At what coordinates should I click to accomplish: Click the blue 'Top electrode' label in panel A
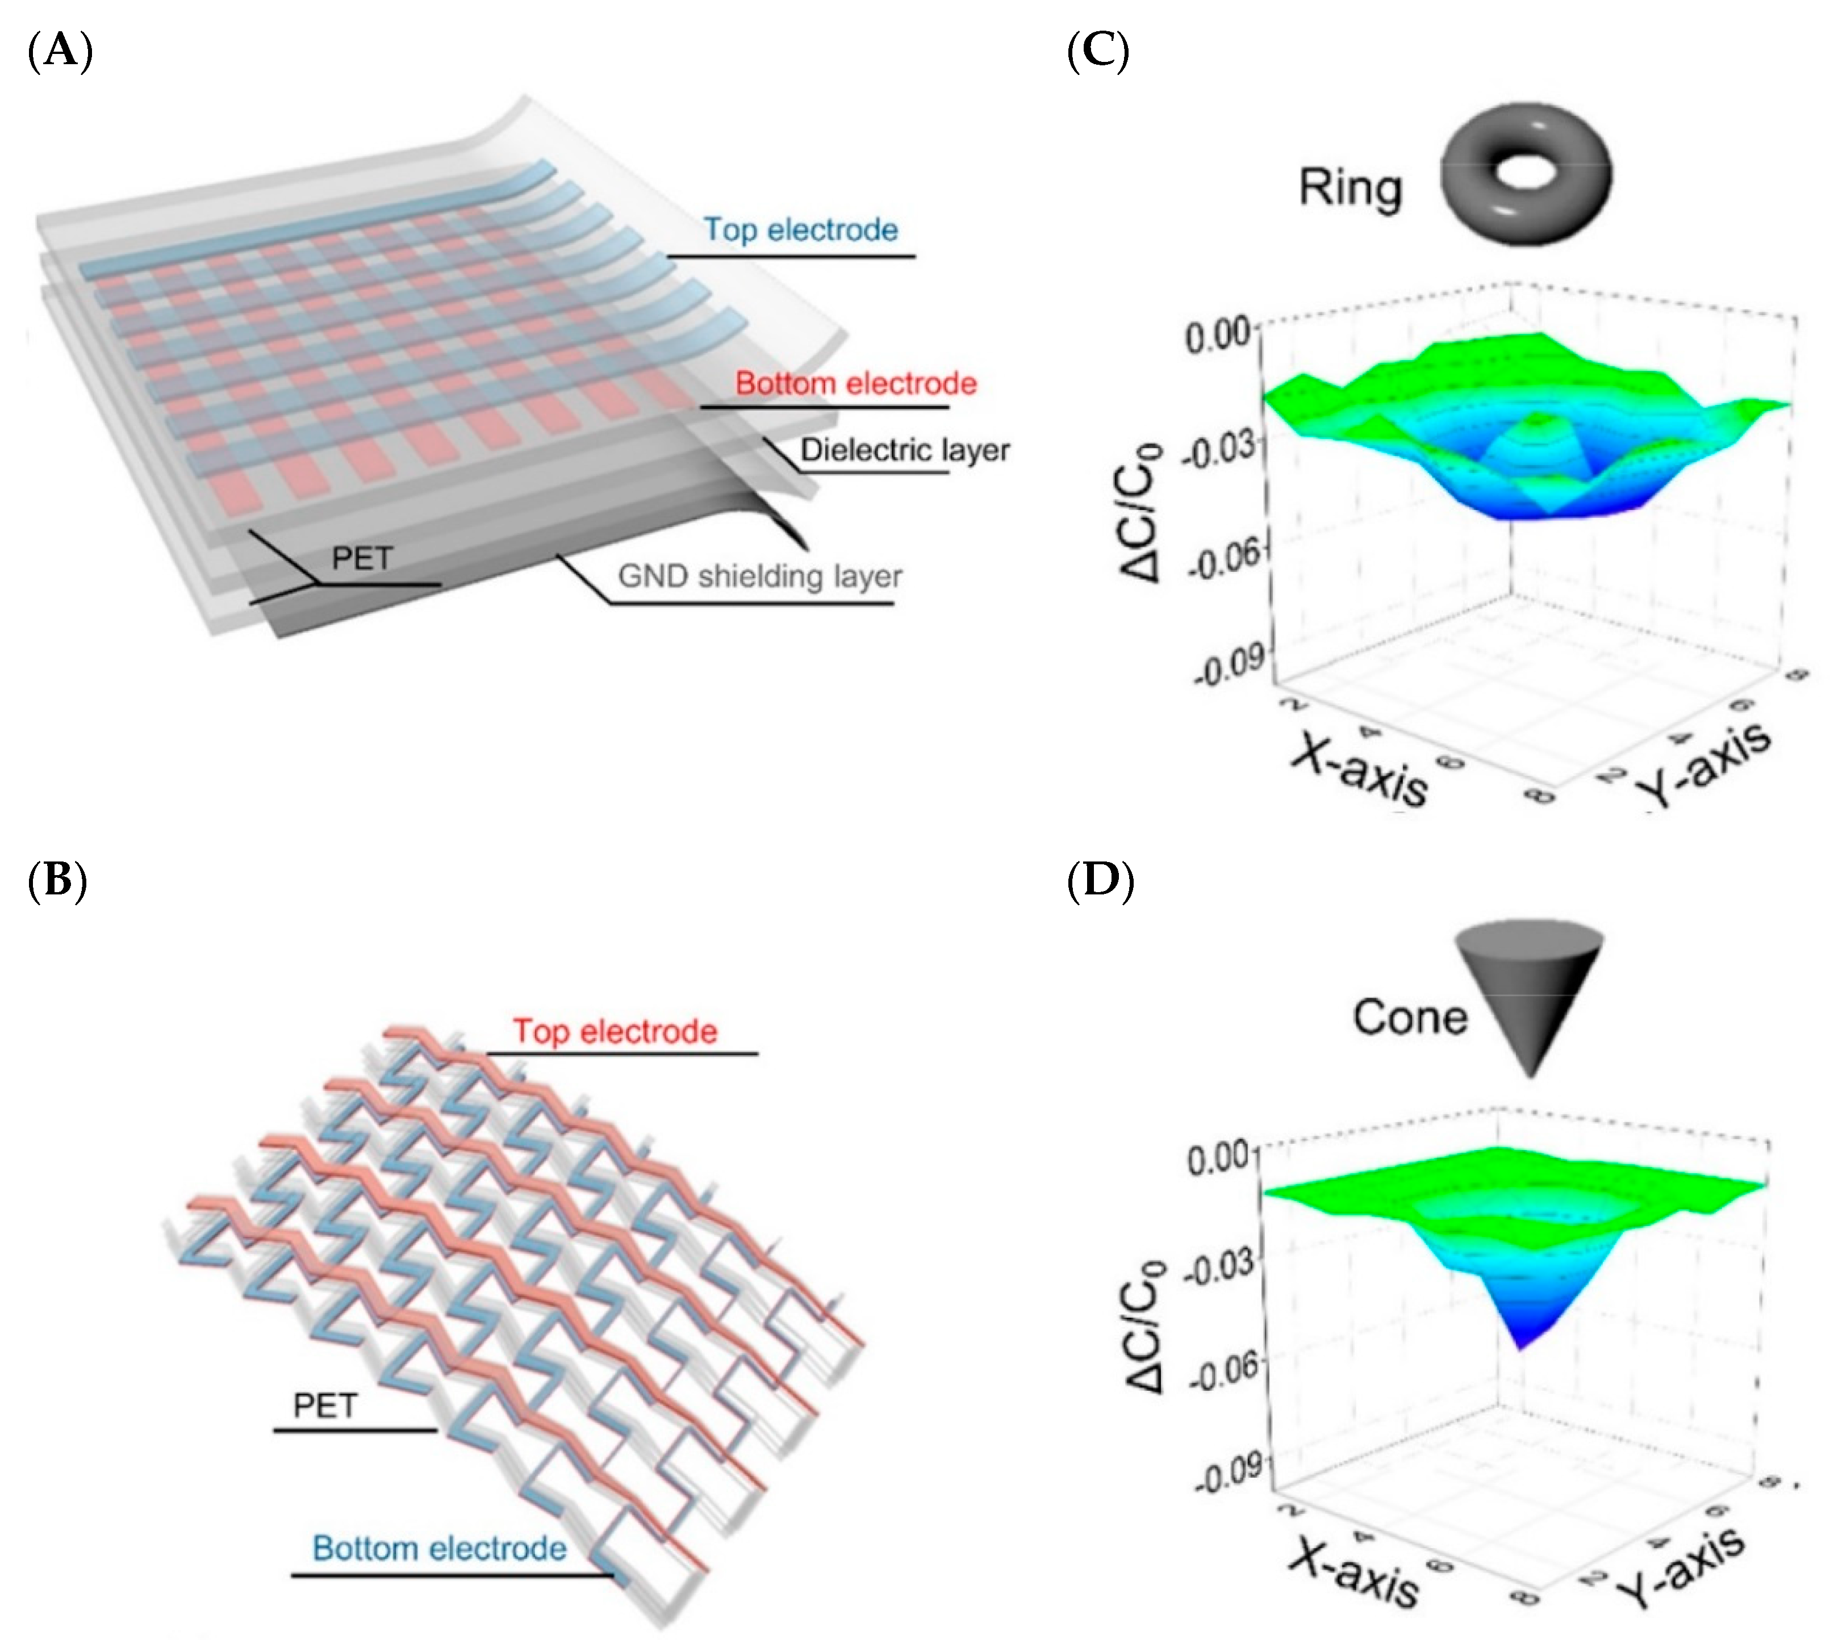coord(800,230)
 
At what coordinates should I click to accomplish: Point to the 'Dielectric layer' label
coord(904,450)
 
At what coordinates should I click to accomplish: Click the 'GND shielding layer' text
coord(759,576)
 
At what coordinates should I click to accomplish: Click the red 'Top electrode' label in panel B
coord(615,1031)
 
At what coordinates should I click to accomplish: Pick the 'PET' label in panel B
coord(325,1406)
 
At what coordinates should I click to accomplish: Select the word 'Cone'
coord(1410,1017)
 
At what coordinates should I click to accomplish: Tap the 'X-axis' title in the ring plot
coord(1358,767)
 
